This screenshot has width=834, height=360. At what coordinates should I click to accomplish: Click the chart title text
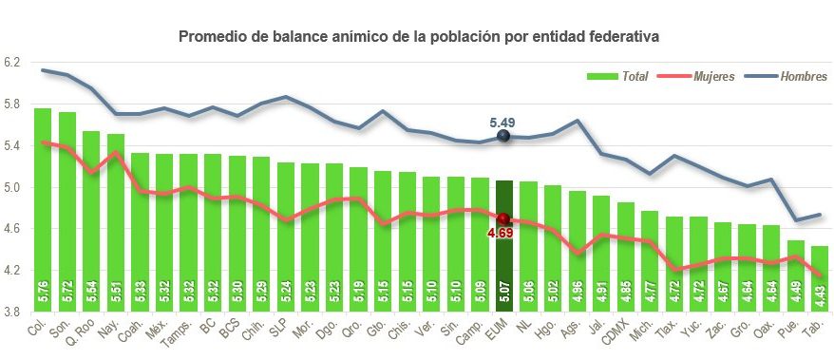click(419, 36)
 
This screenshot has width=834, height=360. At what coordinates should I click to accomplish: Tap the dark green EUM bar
click(503, 247)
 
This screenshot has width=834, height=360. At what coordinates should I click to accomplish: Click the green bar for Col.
click(43, 209)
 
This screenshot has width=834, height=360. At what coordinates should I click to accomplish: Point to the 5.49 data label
click(502, 123)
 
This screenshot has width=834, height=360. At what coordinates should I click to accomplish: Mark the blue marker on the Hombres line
click(503, 137)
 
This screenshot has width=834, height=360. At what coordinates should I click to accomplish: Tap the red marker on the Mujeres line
click(503, 219)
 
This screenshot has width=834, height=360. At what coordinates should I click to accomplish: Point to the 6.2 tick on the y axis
click(12, 62)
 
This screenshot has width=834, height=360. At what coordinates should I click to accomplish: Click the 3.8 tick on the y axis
click(12, 311)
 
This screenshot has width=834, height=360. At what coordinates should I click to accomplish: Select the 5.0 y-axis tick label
click(12, 186)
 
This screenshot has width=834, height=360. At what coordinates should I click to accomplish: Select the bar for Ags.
click(576, 251)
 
